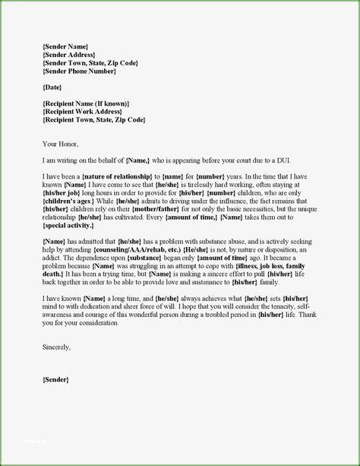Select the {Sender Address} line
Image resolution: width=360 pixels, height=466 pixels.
[71, 55]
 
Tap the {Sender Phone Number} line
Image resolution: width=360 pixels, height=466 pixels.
[79, 71]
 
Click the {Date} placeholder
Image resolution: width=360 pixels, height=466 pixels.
[52, 87]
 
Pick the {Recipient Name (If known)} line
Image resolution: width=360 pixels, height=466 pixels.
[86, 103]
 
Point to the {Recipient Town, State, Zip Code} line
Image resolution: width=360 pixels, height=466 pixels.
[93, 120]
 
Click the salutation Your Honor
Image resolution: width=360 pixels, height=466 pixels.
[61, 143]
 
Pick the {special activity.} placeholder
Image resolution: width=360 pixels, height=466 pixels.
[69, 225]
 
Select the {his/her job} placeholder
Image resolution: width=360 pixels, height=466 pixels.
[65, 192]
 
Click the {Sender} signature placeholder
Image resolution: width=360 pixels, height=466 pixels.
[56, 379]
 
